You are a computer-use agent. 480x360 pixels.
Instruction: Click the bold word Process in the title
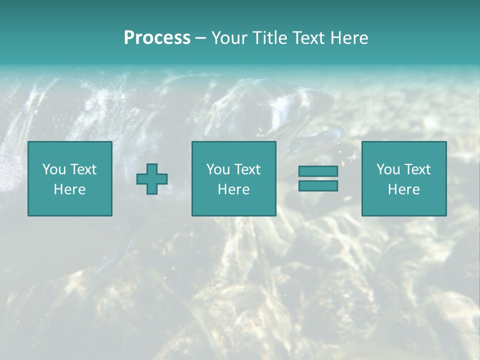point(157,38)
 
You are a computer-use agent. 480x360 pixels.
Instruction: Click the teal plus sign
point(152,179)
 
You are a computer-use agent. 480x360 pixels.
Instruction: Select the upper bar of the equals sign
point(318,171)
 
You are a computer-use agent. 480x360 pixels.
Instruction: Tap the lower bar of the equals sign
point(318,185)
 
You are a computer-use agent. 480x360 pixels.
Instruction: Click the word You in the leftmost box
point(53,169)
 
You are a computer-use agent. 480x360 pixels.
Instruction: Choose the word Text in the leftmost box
point(83,169)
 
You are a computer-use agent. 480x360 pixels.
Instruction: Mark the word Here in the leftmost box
point(69,189)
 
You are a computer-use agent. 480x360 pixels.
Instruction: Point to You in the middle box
point(217,169)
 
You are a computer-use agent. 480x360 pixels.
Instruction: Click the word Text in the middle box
point(247,169)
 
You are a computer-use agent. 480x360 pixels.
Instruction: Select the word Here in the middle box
point(233,189)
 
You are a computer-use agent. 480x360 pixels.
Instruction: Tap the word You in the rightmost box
point(387,169)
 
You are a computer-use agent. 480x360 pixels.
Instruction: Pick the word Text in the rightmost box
point(417,169)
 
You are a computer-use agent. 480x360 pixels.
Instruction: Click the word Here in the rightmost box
point(403,189)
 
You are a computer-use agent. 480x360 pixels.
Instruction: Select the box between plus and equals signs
point(233,205)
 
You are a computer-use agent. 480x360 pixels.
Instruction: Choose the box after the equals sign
point(403,205)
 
